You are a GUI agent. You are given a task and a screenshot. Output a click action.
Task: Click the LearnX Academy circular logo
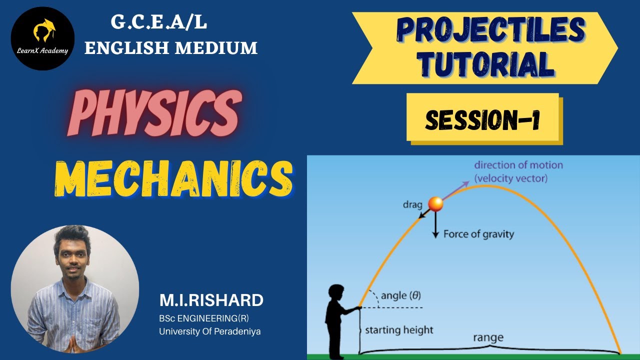tap(42, 38)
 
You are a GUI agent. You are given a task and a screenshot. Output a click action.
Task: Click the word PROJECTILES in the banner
tap(490, 31)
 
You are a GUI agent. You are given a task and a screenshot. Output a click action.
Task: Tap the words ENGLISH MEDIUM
tap(171, 47)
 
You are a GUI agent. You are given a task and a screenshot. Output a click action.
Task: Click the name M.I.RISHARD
tap(211, 300)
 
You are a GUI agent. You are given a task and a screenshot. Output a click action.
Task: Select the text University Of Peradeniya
tap(210, 331)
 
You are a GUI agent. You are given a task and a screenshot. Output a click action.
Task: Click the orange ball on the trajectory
tap(435, 203)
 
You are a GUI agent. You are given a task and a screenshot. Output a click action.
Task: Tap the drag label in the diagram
tap(412, 204)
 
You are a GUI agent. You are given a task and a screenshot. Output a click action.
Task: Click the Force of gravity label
tap(478, 233)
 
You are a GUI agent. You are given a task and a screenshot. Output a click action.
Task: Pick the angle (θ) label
tap(400, 295)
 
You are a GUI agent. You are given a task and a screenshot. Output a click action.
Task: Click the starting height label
tap(399, 330)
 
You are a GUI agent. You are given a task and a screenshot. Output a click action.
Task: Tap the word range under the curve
tap(488, 338)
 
